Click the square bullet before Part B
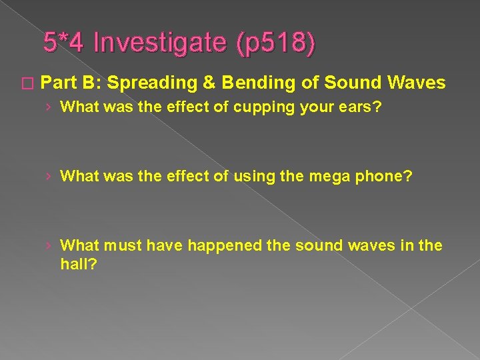pyautogui.click(x=27, y=83)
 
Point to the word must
pyautogui.click(x=121, y=245)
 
